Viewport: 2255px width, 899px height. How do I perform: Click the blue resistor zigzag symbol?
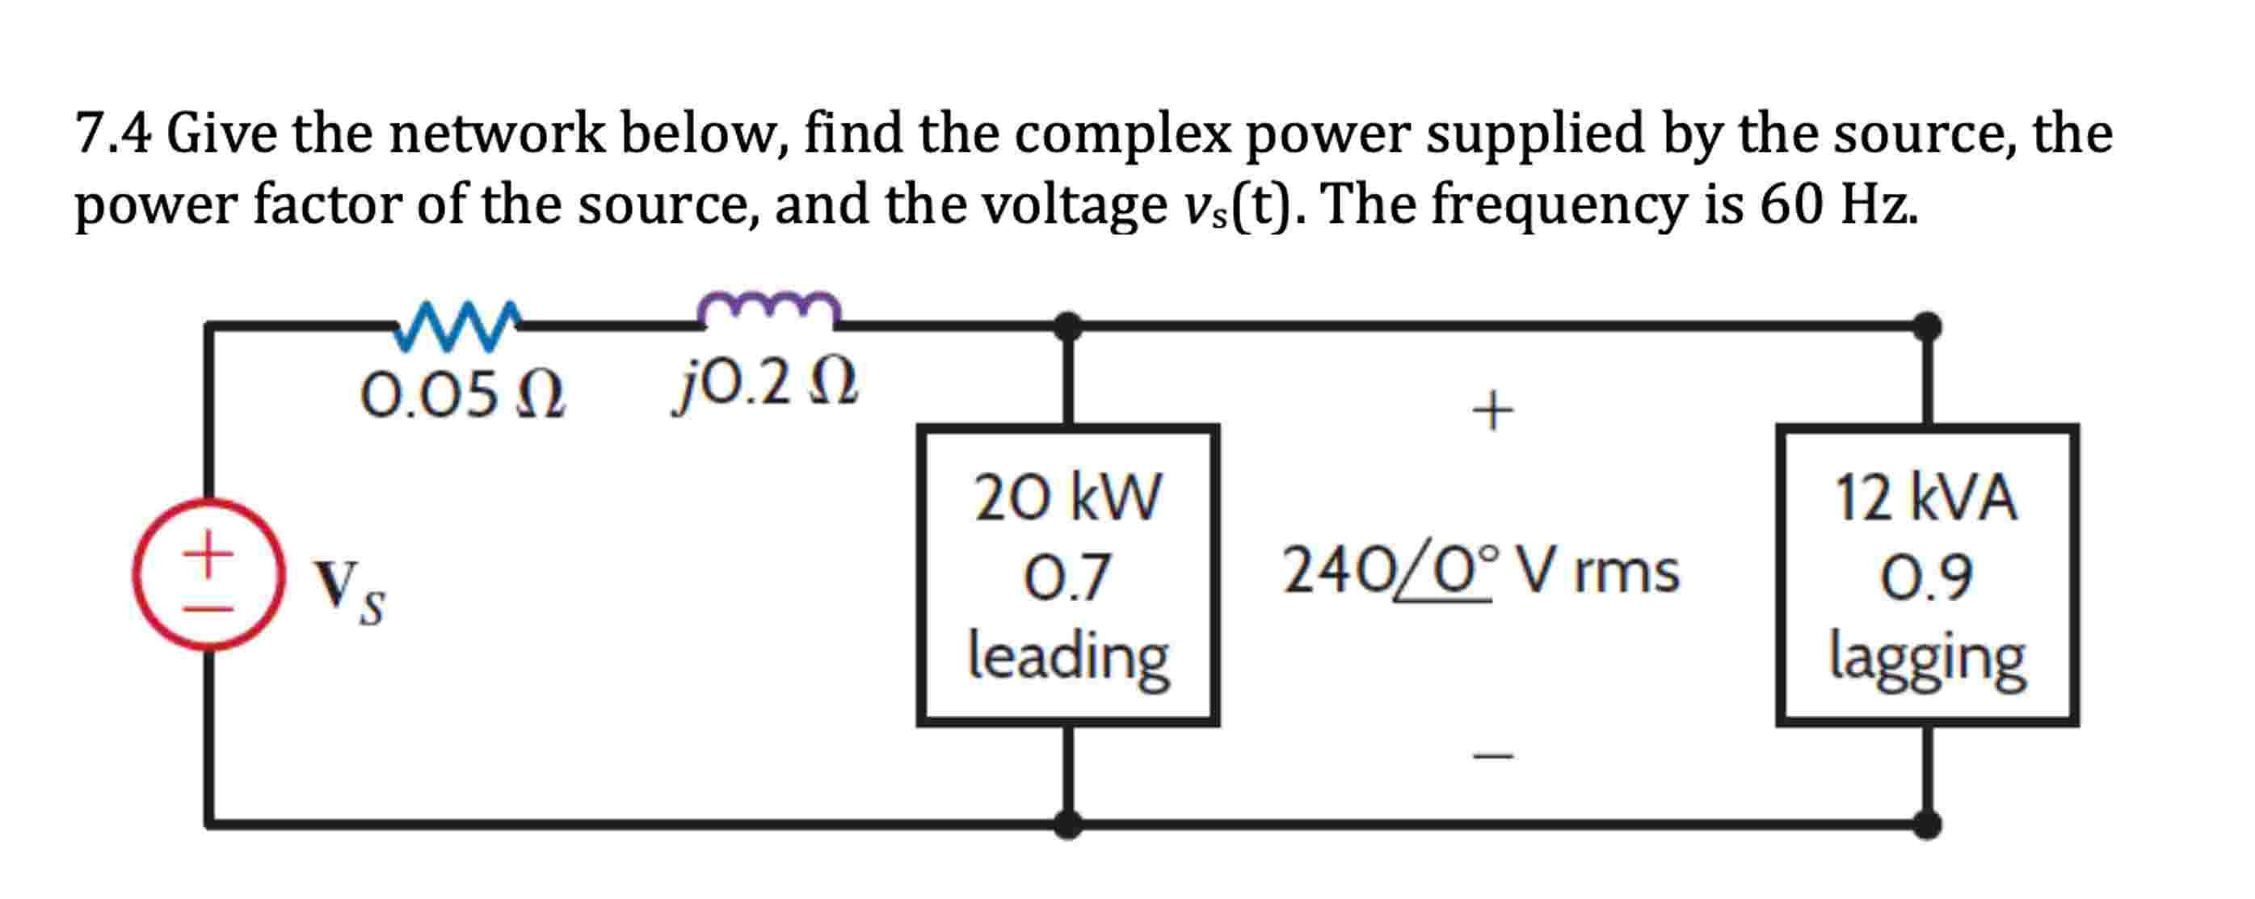[457, 326]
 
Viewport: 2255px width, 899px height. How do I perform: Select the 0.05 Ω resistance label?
[462, 396]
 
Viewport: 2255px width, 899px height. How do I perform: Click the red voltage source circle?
[208, 574]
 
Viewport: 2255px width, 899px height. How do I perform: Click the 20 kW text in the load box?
[1068, 498]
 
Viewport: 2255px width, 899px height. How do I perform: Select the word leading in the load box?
[1068, 657]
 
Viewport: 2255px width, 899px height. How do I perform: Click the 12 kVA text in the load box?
[1926, 498]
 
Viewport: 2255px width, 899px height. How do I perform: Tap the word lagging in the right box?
[1926, 658]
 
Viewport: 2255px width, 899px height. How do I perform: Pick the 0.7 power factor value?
[1068, 578]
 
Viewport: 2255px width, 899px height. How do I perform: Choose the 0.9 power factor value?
[1926, 578]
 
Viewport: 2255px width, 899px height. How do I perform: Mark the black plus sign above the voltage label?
[1492, 410]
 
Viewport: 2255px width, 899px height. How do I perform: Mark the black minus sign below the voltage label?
[1492, 754]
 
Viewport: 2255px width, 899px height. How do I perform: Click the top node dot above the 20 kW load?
[1068, 326]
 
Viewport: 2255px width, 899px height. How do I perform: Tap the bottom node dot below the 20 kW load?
[1068, 824]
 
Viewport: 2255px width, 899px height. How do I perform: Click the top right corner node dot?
[1927, 326]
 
